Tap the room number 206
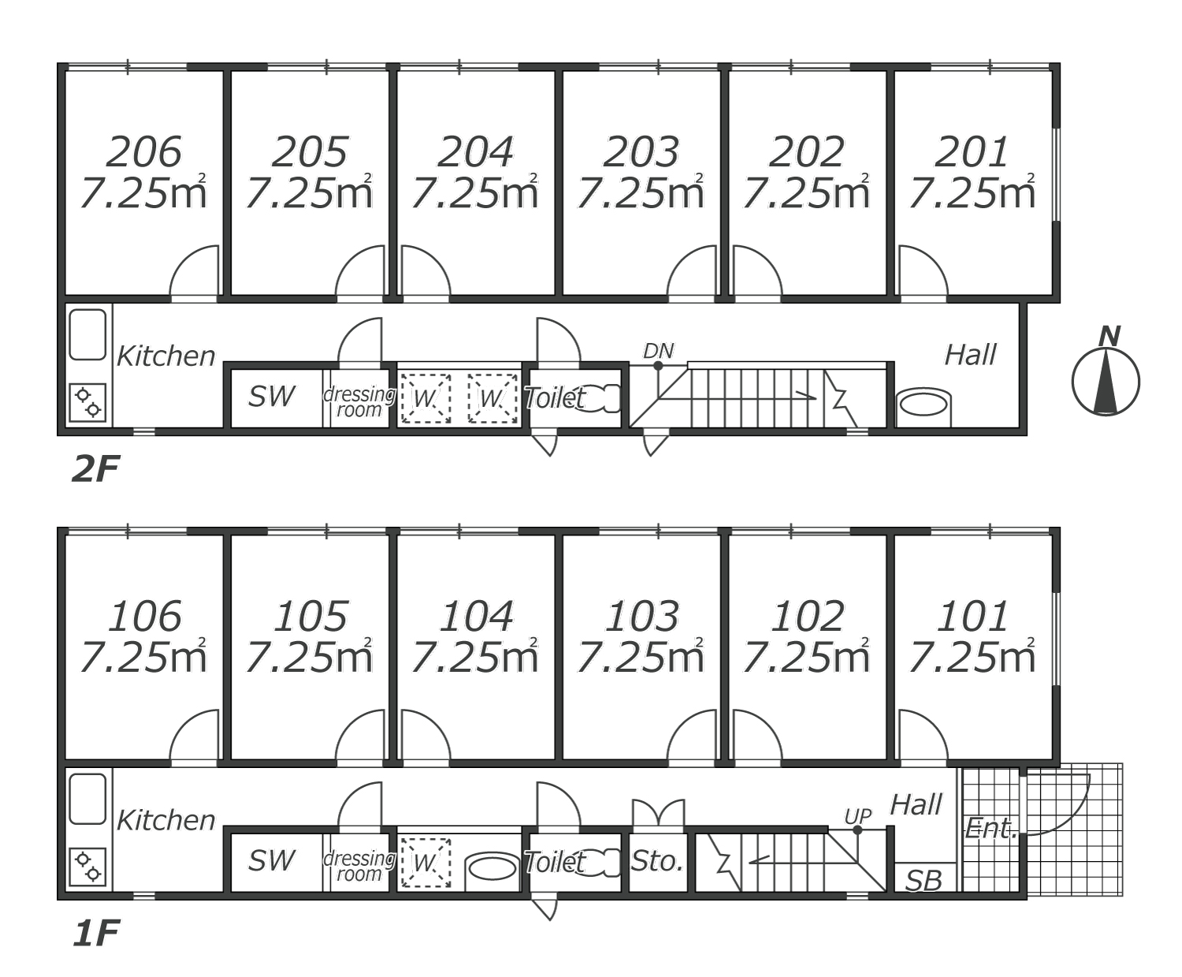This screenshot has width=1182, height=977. [x=143, y=151]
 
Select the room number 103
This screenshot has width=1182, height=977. [x=642, y=616]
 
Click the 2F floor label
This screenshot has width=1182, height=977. [x=95, y=469]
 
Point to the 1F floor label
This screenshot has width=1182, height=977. [x=95, y=934]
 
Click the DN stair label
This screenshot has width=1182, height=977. [x=658, y=351]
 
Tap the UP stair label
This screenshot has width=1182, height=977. [x=857, y=816]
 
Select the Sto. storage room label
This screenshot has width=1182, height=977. [x=657, y=861]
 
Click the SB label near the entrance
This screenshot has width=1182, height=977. [x=924, y=881]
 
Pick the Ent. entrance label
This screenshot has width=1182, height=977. [x=991, y=829]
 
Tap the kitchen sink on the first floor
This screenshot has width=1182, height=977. [x=87, y=799]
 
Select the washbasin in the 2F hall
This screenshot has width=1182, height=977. [x=924, y=405]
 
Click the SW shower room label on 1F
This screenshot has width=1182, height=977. [x=271, y=861]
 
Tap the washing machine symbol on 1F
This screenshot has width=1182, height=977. [x=426, y=863]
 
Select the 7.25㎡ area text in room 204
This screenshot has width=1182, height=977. [x=474, y=192]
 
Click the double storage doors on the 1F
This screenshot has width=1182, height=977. [x=658, y=811]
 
